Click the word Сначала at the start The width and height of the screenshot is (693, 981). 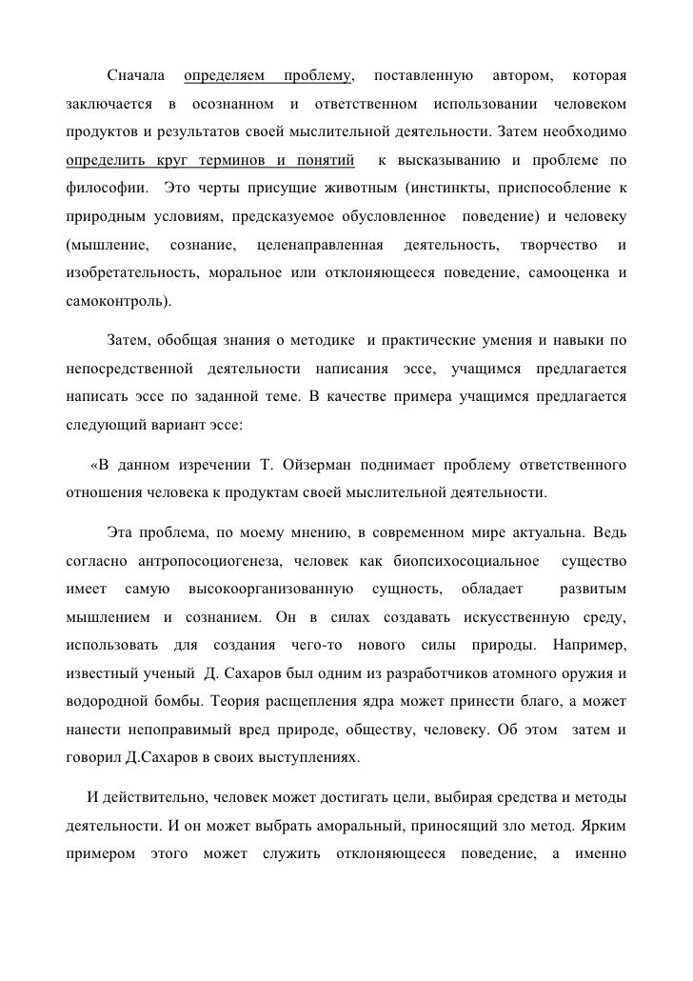point(137,75)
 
